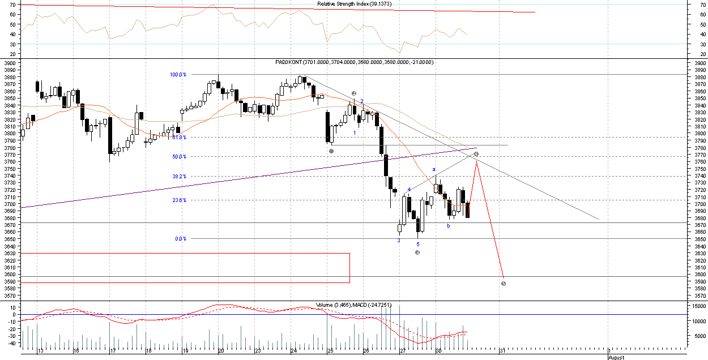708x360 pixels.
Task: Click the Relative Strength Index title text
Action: click(354, 4)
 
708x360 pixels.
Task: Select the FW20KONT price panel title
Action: click(354, 62)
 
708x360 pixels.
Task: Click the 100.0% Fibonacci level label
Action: click(178, 74)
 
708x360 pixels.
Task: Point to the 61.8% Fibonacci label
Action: click(179, 137)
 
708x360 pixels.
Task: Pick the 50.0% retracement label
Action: click(179, 156)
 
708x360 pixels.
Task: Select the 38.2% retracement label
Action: click(179, 176)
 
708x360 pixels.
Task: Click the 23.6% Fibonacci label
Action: click(179, 200)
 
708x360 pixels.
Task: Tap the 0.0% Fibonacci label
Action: click(181, 238)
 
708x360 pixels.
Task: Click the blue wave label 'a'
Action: click(434, 169)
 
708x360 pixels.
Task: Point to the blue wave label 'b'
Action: click(448, 226)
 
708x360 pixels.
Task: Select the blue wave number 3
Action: click(398, 241)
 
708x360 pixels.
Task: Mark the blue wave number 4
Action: click(409, 190)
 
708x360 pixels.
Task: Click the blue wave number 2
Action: click(362, 101)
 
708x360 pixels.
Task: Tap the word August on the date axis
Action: click(616, 357)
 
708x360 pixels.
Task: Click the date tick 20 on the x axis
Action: click(221, 351)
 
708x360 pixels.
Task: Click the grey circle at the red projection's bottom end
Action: click(504, 283)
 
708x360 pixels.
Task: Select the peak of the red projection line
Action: click(477, 162)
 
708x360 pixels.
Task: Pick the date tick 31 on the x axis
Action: click(502, 351)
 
